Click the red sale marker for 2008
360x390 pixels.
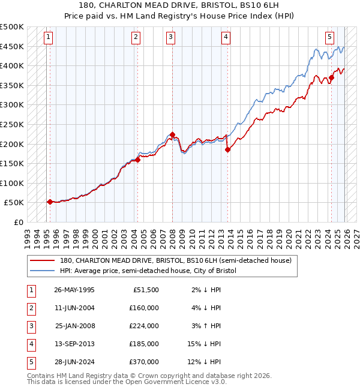173,134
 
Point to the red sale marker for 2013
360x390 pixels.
227,150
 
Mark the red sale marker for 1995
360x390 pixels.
50,202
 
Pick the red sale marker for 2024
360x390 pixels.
331,77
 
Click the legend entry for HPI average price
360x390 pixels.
148,271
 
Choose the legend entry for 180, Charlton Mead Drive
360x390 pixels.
175,260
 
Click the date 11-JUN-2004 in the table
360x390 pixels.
74,308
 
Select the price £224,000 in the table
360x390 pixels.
144,326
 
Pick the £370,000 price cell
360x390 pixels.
144,362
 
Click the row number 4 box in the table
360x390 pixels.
30,344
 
